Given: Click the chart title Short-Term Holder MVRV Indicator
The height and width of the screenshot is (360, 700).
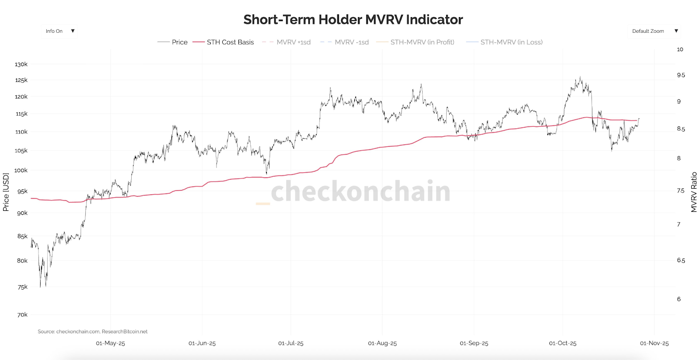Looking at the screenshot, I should (x=353, y=20).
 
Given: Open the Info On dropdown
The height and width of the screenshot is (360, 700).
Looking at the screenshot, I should (x=59, y=31).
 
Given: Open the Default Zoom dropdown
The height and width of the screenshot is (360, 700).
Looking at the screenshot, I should (x=654, y=31).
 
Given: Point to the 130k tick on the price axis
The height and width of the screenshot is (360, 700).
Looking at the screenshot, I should (x=21, y=64).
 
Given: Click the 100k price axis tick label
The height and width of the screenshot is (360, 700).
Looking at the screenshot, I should (x=21, y=170).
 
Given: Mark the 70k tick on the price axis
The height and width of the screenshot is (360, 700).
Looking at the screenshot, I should (x=22, y=315).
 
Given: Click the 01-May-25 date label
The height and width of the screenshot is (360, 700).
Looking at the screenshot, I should (x=110, y=343).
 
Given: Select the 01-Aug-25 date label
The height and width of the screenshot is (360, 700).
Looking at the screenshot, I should (x=382, y=343).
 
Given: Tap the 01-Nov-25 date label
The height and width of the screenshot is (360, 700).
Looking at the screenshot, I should (x=654, y=343).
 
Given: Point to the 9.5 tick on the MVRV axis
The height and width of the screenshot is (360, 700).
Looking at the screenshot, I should (x=681, y=75).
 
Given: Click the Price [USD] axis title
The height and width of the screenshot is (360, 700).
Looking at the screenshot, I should (x=6, y=192).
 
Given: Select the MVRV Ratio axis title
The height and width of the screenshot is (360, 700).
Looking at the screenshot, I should (x=694, y=192).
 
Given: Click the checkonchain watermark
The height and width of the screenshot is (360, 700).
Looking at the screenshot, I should (x=360, y=191).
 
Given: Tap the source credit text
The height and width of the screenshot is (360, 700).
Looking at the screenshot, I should (x=93, y=332).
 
